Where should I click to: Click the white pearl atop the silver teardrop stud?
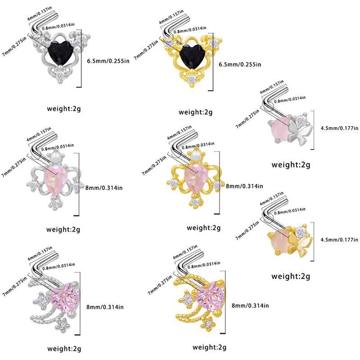[56, 157]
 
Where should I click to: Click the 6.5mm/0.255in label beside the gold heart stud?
[240, 64]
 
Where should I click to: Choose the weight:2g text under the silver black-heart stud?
[63, 108]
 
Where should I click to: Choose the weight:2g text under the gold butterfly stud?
[291, 275]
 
